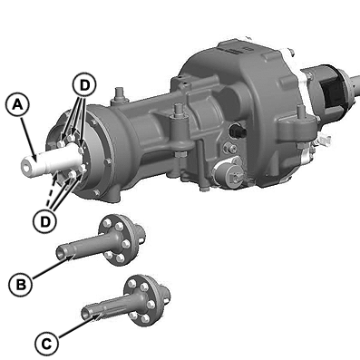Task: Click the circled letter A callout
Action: [x=17, y=105]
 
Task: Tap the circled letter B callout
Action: [x=20, y=285]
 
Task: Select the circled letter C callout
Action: [x=46, y=344]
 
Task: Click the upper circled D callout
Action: [x=84, y=85]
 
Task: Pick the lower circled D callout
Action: [x=45, y=222]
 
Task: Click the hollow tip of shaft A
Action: [x=27, y=167]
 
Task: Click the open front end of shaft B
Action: [x=62, y=251]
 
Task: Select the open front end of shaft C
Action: [x=87, y=312]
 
